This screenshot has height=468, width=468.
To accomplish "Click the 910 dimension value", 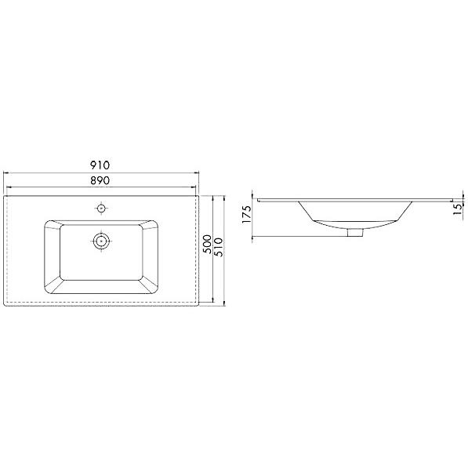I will tap(100, 165).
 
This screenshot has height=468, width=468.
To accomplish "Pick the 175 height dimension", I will tap(247, 213).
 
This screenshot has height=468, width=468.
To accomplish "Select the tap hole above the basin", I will tap(100, 209).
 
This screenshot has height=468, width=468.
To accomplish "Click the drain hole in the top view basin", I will tap(100, 241).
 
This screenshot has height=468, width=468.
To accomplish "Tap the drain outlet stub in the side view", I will tap(356, 231).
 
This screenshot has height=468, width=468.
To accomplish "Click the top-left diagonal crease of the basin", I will tap(53, 224).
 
